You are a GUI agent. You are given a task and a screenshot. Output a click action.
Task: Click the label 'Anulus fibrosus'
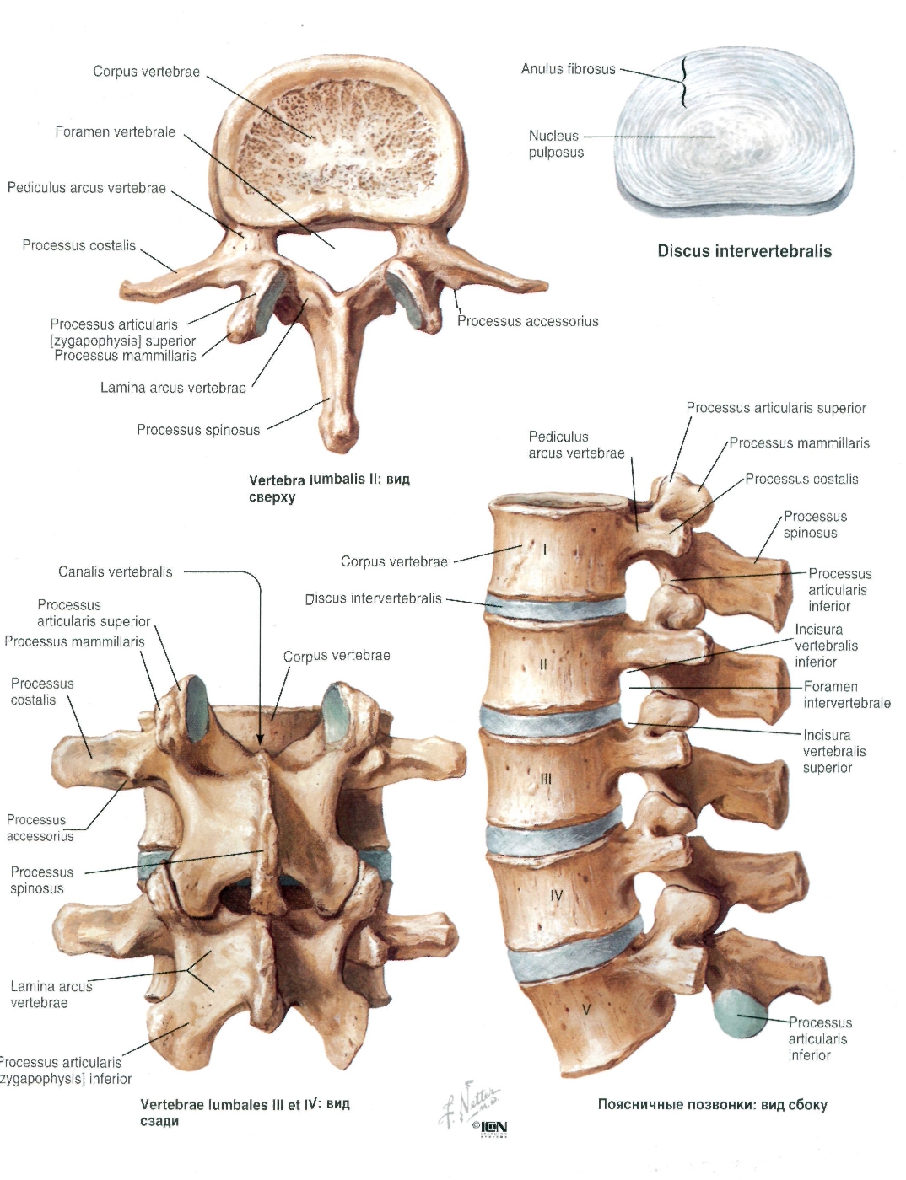click(x=568, y=69)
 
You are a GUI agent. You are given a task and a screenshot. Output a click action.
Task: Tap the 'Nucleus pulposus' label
click(x=556, y=144)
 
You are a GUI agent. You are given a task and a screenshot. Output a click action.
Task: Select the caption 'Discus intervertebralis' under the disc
click(x=745, y=251)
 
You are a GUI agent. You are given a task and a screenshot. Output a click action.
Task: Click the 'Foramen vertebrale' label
click(x=116, y=132)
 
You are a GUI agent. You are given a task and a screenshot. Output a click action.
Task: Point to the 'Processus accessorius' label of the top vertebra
click(x=528, y=321)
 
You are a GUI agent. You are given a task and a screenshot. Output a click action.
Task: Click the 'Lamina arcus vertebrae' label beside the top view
click(x=173, y=388)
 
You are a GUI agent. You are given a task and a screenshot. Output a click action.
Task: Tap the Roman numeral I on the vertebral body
click(x=545, y=550)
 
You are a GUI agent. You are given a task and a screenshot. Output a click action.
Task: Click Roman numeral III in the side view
click(x=546, y=780)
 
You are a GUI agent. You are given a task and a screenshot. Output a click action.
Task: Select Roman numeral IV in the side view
click(x=557, y=895)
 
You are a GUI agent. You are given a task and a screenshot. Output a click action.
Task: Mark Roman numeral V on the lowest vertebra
click(x=586, y=1010)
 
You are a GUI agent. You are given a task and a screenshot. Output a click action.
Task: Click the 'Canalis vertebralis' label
click(x=116, y=571)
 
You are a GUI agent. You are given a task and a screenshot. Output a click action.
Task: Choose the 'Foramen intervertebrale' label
click(x=847, y=695)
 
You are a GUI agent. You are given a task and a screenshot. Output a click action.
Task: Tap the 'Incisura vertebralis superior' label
click(x=835, y=752)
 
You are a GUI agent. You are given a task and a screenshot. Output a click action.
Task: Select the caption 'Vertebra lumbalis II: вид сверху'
click(x=329, y=488)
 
